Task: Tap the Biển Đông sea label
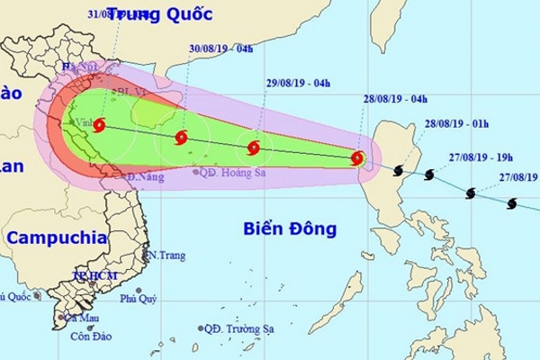290,230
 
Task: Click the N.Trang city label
167,256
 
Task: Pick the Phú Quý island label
139,298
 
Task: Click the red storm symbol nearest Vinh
98,126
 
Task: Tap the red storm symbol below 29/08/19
254,148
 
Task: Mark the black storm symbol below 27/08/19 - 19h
471,193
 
